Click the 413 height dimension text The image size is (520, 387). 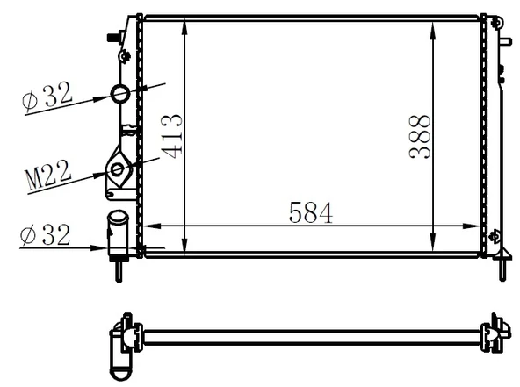pyautogui.click(x=172, y=135)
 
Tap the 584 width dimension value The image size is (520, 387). pyautogui.click(x=310, y=212)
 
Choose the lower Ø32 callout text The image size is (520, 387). pyautogui.click(x=47, y=234)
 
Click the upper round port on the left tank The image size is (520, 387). pyautogui.click(x=119, y=94)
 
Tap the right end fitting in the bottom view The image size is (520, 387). pyautogui.click(x=497, y=334)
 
